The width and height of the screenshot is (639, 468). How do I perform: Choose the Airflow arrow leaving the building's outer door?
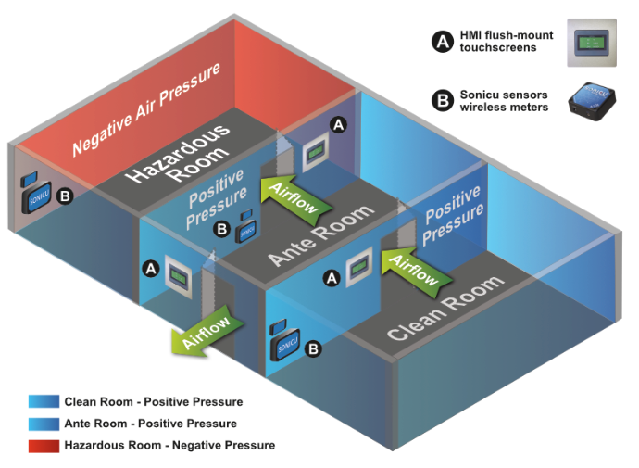(208, 331)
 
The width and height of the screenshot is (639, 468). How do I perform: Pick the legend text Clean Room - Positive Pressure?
(153, 402)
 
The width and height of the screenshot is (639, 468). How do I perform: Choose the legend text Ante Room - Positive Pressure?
(150, 424)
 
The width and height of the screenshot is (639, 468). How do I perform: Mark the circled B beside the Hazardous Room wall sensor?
(65, 196)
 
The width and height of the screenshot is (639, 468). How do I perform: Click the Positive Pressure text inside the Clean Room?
(454, 216)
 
